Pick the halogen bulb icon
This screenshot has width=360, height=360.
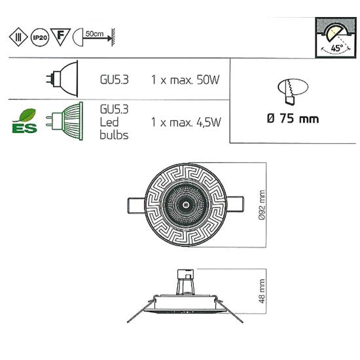pos(62,78)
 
